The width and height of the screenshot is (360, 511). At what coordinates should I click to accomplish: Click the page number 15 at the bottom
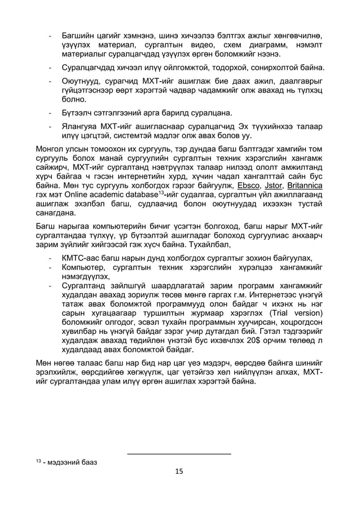click(x=179, y=472)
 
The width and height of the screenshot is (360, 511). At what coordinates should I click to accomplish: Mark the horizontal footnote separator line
click(x=179, y=453)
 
